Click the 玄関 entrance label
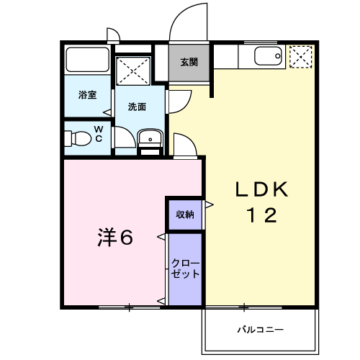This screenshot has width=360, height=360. pos(189,63)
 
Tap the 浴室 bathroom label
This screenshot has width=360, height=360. pos(87,95)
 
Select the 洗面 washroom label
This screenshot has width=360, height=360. pos(137,107)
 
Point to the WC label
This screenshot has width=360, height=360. pos(99,134)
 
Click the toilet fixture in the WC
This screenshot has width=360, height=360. pos(78,138)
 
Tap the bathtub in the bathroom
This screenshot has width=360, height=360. pos(87,60)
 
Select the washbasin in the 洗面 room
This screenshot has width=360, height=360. pos(150,138)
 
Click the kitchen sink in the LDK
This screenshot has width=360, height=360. pos(268,56)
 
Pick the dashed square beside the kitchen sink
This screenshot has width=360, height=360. pos(301,57)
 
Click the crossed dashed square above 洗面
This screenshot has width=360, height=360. pos(133,71)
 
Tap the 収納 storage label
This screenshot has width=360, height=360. pos(185,215)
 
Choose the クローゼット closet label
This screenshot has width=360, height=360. pos(185,269)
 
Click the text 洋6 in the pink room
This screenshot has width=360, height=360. pos(115,237)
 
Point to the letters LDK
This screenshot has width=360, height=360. pos(261,189)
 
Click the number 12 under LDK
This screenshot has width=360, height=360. pos(261,215)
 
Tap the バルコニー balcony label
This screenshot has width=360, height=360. pos(261,330)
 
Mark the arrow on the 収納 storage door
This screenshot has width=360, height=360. pos(210,204)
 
